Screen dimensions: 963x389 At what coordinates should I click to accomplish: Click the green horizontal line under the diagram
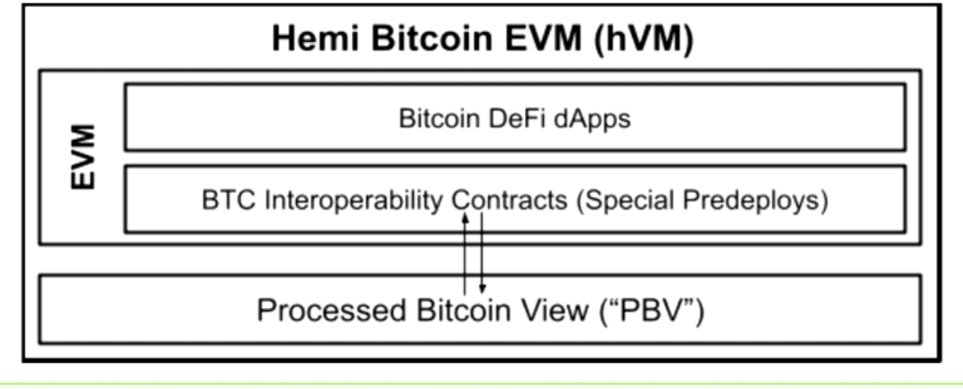coord(481,385)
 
